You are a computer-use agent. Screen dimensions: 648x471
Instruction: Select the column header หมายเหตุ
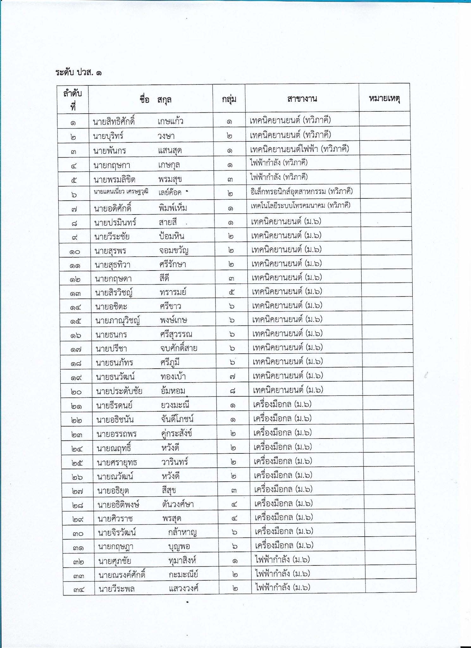click(x=384, y=98)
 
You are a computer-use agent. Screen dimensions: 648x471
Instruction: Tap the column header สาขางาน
click(x=302, y=99)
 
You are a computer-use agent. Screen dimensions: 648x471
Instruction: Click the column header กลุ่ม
click(x=229, y=99)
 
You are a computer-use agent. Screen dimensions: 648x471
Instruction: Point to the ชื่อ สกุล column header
click(x=155, y=100)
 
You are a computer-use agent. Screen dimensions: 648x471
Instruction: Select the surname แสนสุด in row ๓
click(x=170, y=151)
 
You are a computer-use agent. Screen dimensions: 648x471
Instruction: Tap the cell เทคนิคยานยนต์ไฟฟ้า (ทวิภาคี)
click(x=299, y=149)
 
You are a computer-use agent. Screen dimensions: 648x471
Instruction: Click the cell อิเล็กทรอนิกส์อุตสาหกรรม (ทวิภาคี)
click(x=301, y=191)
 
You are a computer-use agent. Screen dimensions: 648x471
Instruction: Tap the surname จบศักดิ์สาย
click(x=179, y=348)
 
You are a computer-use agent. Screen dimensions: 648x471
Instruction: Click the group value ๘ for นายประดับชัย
click(x=232, y=390)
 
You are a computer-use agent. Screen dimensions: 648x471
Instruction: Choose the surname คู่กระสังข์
click(x=176, y=433)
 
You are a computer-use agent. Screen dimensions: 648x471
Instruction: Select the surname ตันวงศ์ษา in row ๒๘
click(x=177, y=504)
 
